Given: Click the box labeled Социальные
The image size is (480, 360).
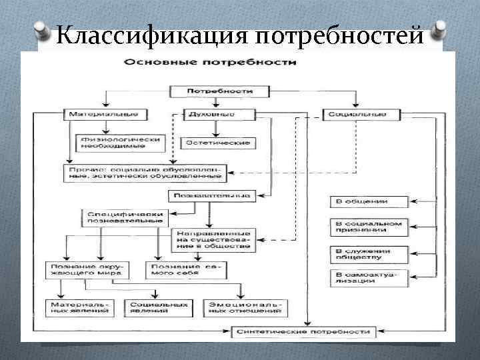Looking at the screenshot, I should (x=357, y=114).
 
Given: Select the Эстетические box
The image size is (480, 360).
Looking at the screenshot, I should (x=217, y=143).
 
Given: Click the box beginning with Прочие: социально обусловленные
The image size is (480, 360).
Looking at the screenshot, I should (x=146, y=173).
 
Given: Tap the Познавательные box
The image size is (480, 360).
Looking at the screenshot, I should (x=211, y=196).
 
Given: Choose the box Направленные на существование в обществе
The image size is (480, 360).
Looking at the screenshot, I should (x=212, y=241).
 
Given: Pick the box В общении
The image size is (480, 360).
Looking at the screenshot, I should (x=369, y=201).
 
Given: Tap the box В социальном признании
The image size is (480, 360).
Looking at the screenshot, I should (x=369, y=227).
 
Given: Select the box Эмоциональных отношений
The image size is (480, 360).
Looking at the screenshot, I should (x=248, y=307).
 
